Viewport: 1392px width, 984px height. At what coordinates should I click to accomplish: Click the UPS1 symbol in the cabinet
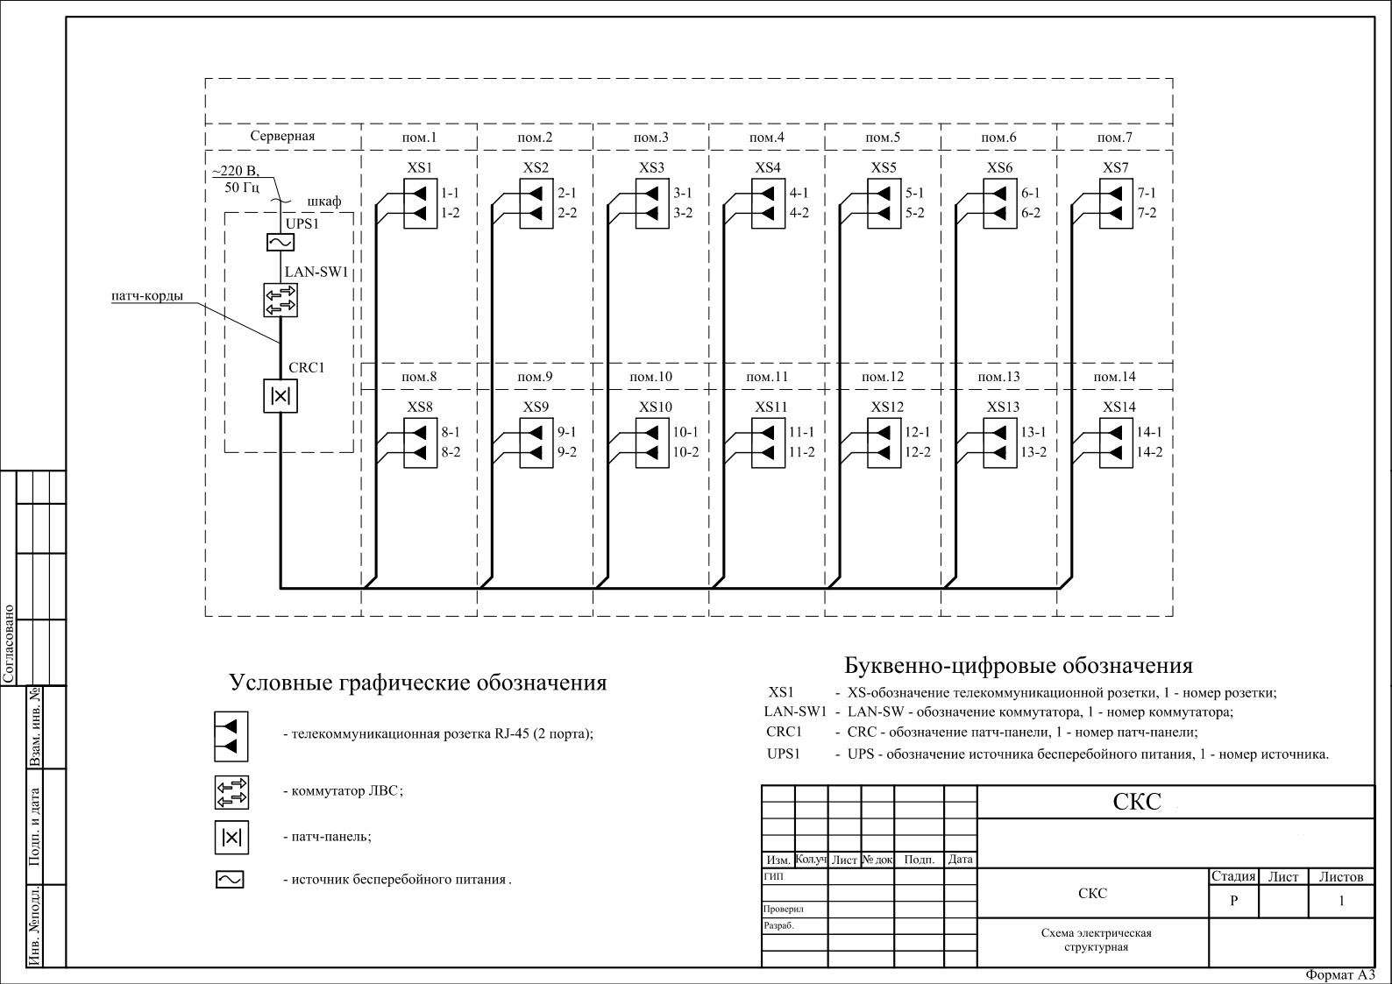[281, 243]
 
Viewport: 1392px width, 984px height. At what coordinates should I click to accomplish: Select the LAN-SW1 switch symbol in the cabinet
[281, 300]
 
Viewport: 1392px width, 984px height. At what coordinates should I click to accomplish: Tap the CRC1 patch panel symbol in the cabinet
[281, 395]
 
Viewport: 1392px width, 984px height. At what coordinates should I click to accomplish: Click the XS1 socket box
[420, 203]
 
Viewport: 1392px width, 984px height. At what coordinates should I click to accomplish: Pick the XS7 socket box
[1115, 203]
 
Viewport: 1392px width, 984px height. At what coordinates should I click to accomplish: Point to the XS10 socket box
[651, 442]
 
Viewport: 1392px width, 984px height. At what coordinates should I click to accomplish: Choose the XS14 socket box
[1115, 442]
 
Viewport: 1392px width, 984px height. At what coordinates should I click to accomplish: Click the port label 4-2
[799, 213]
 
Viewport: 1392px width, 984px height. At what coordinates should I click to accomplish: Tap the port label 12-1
[917, 432]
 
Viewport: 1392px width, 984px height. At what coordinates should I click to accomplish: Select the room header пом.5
[882, 138]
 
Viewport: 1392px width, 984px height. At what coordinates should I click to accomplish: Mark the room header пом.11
[767, 377]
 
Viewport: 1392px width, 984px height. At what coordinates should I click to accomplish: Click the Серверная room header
[282, 137]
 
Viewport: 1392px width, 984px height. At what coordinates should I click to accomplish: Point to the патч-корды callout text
[147, 296]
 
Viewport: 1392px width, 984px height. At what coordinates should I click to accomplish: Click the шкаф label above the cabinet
[323, 202]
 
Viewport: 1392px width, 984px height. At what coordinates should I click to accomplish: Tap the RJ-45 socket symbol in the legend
[231, 736]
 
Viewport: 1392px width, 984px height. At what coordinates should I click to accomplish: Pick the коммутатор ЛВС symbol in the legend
[231, 792]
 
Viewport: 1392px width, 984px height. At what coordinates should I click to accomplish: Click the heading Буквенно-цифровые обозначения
[1018, 665]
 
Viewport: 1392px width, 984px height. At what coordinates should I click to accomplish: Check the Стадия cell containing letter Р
[1233, 901]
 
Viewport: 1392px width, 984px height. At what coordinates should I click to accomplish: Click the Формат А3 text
[1340, 974]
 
